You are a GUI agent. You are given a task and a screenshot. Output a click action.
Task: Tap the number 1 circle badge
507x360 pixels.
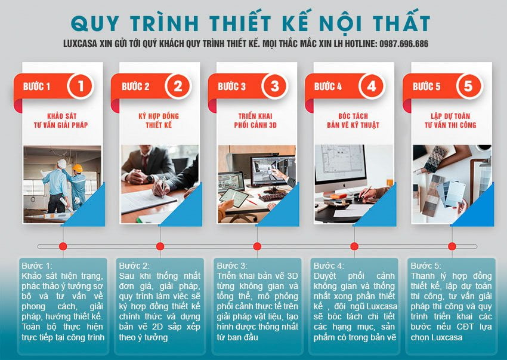coord(80,86)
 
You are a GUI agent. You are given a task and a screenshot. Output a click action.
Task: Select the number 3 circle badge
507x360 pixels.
coord(274,86)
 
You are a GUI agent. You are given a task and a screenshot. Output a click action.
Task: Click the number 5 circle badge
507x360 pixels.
coord(468,86)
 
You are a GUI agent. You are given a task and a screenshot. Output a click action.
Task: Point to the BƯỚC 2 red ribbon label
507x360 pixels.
coord(136,87)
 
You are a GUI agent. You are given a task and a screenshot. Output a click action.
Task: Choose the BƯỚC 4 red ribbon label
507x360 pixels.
coord(328,87)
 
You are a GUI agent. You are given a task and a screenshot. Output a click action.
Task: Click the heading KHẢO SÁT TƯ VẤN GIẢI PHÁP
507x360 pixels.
coord(63,120)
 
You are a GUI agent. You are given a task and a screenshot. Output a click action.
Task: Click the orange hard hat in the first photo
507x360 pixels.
coord(77,168)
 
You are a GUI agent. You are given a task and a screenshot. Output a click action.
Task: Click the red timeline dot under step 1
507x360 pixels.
coord(63,246)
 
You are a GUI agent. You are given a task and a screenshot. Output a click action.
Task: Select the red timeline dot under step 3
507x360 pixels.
coord(257,246)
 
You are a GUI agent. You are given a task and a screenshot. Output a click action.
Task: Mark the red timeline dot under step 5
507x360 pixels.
coord(451,246)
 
